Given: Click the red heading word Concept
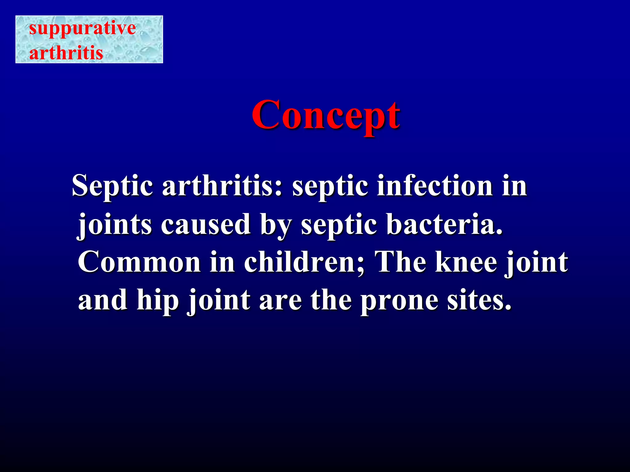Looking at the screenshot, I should [326, 115].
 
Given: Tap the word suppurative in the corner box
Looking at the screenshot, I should [82, 28].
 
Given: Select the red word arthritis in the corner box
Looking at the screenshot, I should [66, 53].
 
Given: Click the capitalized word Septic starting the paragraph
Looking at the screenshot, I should [112, 186].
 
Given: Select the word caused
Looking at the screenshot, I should [205, 224].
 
